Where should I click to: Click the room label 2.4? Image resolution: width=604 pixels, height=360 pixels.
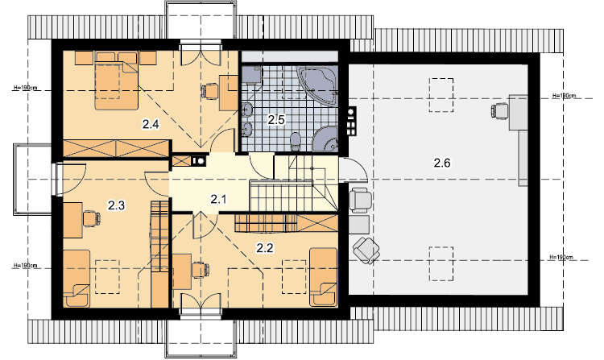[x=151, y=124]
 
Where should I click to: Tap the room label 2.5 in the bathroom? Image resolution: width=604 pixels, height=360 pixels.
[x=276, y=120]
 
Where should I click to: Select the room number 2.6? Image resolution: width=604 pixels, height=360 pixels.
[x=442, y=163]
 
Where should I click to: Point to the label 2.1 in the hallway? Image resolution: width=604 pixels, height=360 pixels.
[x=218, y=199]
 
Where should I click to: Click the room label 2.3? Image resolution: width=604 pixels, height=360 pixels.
[x=116, y=205]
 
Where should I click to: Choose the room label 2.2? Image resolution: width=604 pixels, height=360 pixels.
[x=265, y=248]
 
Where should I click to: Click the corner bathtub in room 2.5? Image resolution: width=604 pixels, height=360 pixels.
[x=318, y=85]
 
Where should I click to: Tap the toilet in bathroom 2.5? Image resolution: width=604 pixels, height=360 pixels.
[x=295, y=141]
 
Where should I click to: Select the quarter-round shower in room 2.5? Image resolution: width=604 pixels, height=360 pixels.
[x=325, y=139]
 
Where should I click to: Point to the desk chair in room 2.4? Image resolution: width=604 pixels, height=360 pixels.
[x=209, y=91]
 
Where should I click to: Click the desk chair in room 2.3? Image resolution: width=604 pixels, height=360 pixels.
[x=91, y=219]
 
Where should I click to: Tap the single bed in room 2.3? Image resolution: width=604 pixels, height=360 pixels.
[x=77, y=278]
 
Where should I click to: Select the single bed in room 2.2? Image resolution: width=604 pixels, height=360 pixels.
[x=324, y=277]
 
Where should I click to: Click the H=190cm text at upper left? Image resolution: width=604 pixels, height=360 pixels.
[x=26, y=88]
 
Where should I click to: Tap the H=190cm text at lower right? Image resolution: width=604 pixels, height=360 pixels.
[x=561, y=257]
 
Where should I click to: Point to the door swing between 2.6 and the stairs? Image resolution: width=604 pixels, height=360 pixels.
[x=354, y=169]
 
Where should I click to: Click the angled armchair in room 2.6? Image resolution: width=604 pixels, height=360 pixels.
[x=366, y=250]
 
